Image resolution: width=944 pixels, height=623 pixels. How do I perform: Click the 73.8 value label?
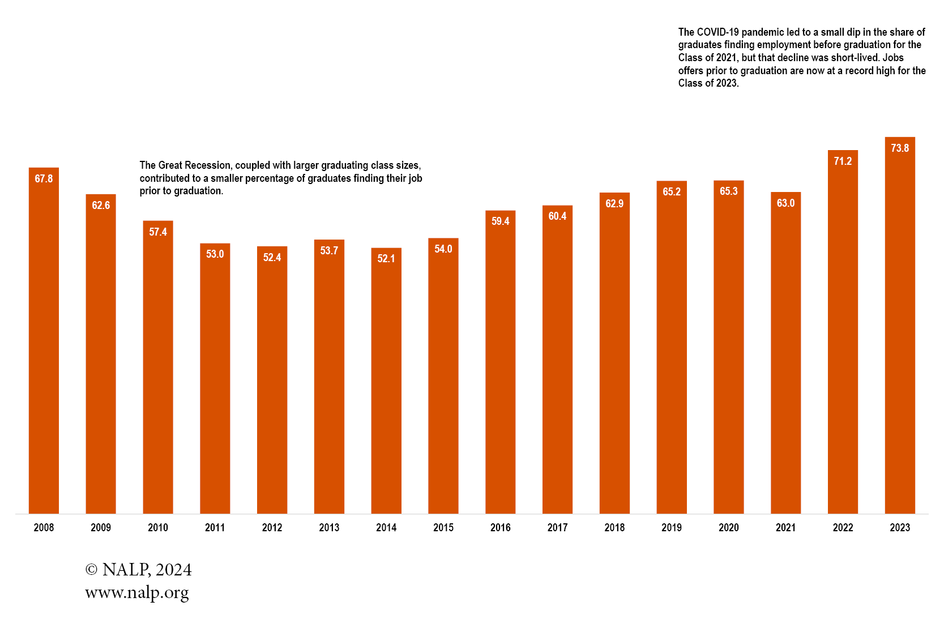[899, 148]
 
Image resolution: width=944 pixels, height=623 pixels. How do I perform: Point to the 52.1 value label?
[386, 259]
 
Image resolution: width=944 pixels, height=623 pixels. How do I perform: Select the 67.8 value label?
[44, 179]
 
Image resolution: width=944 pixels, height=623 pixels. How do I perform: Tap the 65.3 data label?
[728, 191]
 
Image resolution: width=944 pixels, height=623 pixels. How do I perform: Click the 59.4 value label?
[500, 221]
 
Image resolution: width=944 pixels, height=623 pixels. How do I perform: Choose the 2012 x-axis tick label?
[272, 528]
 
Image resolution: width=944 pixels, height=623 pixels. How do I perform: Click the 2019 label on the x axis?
[671, 528]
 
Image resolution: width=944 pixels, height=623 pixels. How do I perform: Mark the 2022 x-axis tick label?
[843, 528]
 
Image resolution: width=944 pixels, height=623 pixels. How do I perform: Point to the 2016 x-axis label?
[500, 528]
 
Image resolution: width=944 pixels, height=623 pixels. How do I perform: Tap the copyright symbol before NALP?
[91, 570]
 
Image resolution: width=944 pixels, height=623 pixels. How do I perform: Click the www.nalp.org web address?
[137, 593]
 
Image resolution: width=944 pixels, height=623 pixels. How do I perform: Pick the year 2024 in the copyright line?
[173, 570]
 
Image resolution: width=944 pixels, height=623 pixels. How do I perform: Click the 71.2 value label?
[843, 161]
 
